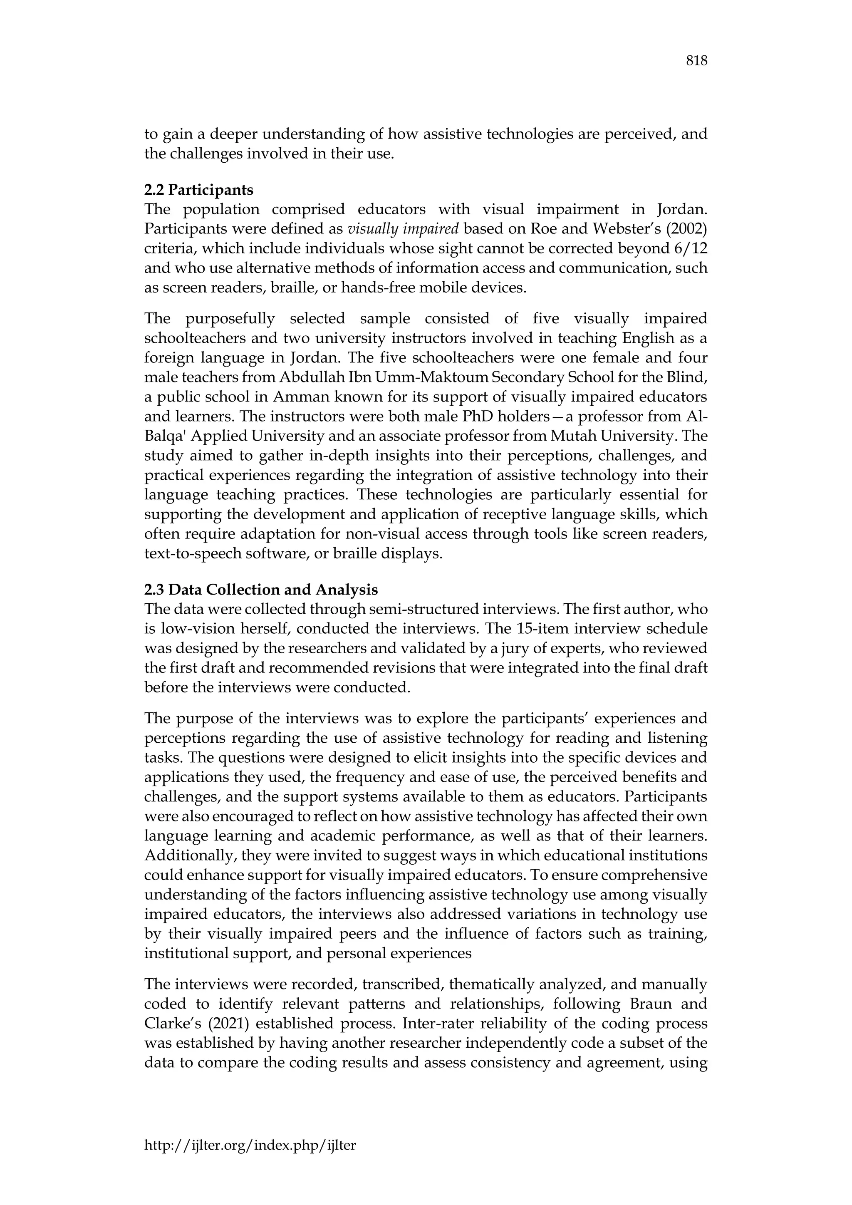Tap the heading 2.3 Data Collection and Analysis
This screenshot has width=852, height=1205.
(261, 590)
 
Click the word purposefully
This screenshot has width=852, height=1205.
(231, 319)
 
